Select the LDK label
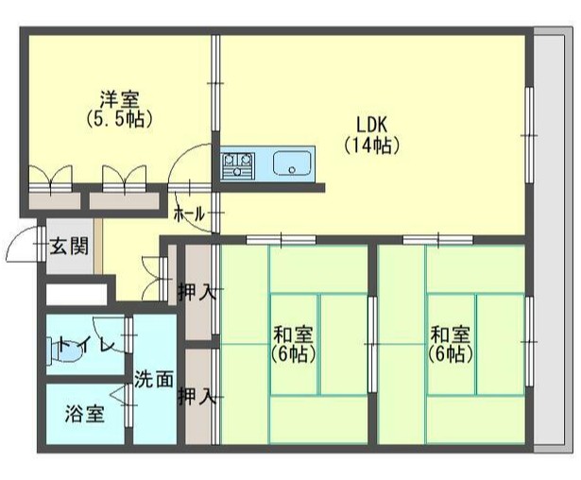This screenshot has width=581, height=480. [371, 125]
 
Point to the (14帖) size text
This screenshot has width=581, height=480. [371, 146]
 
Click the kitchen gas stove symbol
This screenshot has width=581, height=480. [238, 165]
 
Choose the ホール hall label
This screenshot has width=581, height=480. [189, 215]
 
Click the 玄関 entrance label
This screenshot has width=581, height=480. [69, 249]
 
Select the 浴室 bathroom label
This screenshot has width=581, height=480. [85, 413]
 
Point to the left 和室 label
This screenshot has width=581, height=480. [294, 334]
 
